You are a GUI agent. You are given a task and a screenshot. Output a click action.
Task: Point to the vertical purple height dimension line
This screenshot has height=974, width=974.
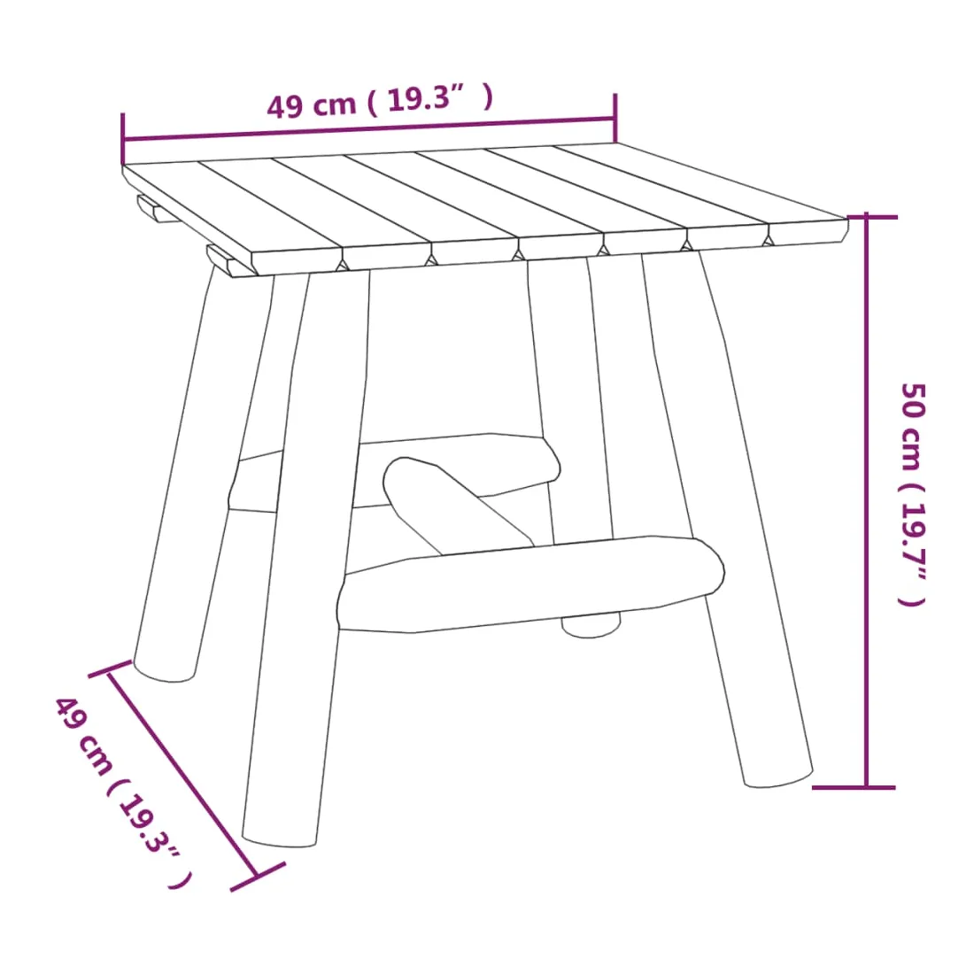pos(866,501)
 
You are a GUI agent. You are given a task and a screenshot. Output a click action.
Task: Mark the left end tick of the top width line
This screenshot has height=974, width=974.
pos(123,138)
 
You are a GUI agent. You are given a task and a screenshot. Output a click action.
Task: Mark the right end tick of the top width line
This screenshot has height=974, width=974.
pos(615,118)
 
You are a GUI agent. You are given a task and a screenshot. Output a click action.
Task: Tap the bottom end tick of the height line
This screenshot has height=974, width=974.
pos(854,788)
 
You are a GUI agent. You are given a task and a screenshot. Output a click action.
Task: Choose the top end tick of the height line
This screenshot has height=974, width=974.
pos(873,217)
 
